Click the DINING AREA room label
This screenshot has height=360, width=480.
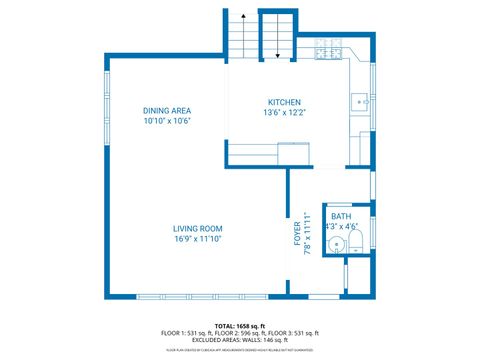click(x=166, y=110)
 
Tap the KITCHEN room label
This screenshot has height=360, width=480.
click(x=283, y=103)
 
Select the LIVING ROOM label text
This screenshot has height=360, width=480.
click(x=197, y=228)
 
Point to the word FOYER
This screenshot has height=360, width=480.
click(x=297, y=234)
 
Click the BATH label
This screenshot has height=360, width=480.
click(x=341, y=216)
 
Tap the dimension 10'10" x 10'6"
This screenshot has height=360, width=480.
click(x=166, y=120)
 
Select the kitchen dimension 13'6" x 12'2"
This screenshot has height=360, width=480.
click(x=283, y=113)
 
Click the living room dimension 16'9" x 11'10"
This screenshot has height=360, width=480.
click(x=197, y=238)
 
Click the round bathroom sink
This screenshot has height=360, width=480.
click(x=337, y=244)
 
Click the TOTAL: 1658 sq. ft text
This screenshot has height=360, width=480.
click(x=239, y=326)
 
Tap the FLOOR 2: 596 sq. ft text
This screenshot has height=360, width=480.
click(x=240, y=333)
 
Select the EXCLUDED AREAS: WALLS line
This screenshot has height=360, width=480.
click(x=240, y=340)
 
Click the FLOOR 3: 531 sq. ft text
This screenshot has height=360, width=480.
click(x=294, y=333)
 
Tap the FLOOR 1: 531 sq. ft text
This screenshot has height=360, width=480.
click(x=186, y=333)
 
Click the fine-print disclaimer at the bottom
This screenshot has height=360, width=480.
click(x=240, y=350)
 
